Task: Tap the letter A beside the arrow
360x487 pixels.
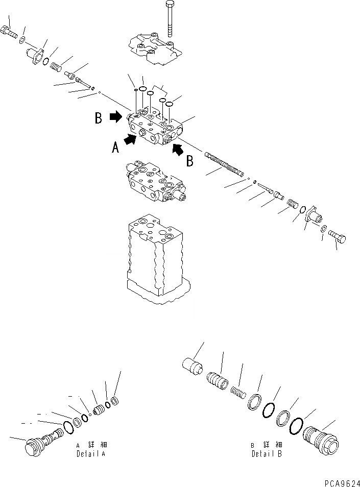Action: [116, 148]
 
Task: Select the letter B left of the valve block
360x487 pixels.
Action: [99, 118]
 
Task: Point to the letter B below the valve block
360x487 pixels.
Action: [189, 161]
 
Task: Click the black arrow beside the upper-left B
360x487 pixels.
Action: [116, 117]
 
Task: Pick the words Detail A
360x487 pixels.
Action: [91, 453]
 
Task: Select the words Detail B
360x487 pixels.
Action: [266, 453]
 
